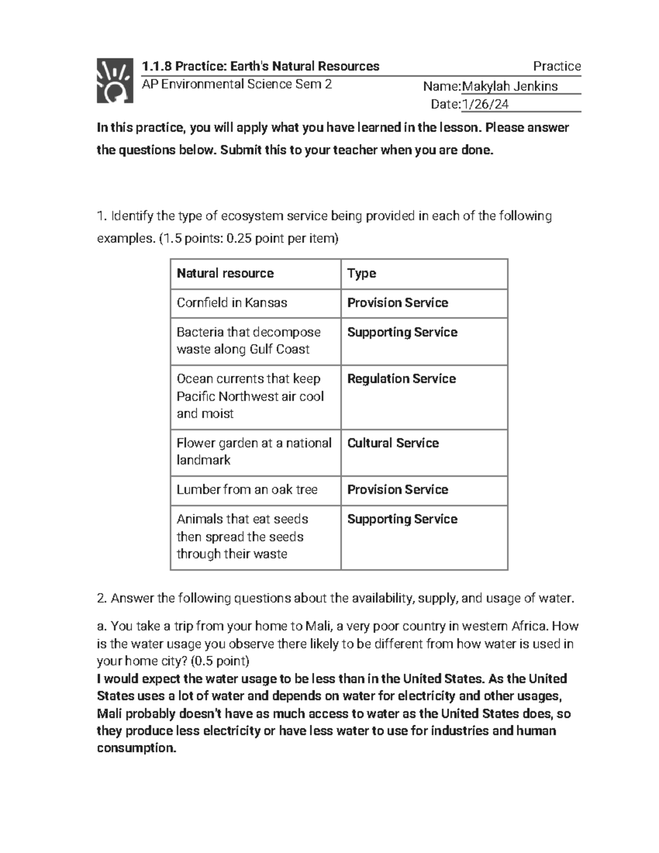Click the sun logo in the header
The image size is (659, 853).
[x=115, y=80]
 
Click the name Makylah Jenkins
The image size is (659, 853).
[x=510, y=86]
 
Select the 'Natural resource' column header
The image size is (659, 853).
[x=225, y=274]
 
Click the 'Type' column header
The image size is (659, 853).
[x=361, y=274]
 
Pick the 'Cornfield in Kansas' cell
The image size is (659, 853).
[x=232, y=303]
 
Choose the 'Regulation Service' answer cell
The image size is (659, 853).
[x=401, y=379]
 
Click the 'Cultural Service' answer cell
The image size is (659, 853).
[x=393, y=443]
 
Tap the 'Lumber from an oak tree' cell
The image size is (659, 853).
[x=247, y=489]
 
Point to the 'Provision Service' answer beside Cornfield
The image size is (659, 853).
[x=398, y=303]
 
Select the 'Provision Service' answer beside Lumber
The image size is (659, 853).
[x=398, y=489]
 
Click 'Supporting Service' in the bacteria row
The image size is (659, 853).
[x=402, y=332]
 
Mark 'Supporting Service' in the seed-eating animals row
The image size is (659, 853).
[x=402, y=519]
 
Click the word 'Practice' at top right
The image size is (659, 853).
[x=557, y=66]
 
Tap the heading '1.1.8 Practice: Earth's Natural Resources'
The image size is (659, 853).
[x=261, y=66]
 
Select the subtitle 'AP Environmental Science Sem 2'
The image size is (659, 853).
[x=237, y=84]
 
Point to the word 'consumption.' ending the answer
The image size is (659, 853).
[x=137, y=748]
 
